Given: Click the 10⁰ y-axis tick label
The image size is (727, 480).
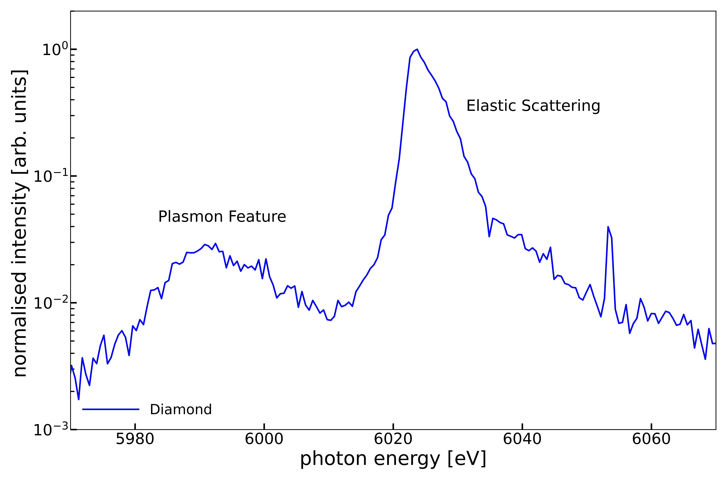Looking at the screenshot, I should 55,50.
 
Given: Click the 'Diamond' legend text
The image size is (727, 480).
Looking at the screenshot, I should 181,410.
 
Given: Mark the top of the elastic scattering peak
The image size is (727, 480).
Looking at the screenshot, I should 417,49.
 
